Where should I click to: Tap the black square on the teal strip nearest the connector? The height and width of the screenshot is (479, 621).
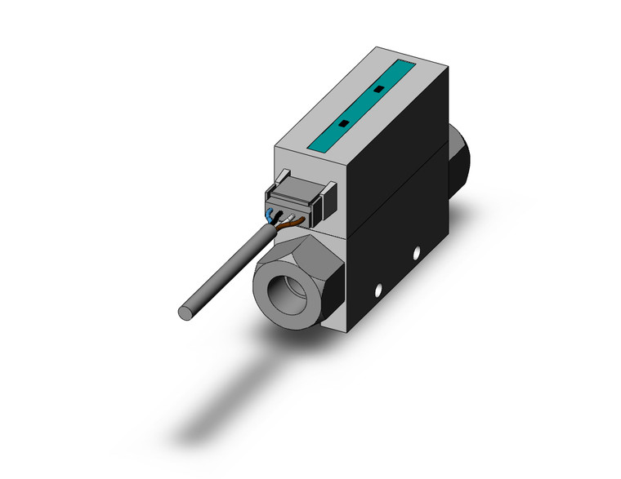point(343,122)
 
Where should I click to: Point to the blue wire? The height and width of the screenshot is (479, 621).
point(270,216)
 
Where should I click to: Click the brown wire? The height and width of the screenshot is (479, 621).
point(297,220)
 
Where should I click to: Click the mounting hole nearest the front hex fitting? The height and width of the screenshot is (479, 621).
point(378,290)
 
